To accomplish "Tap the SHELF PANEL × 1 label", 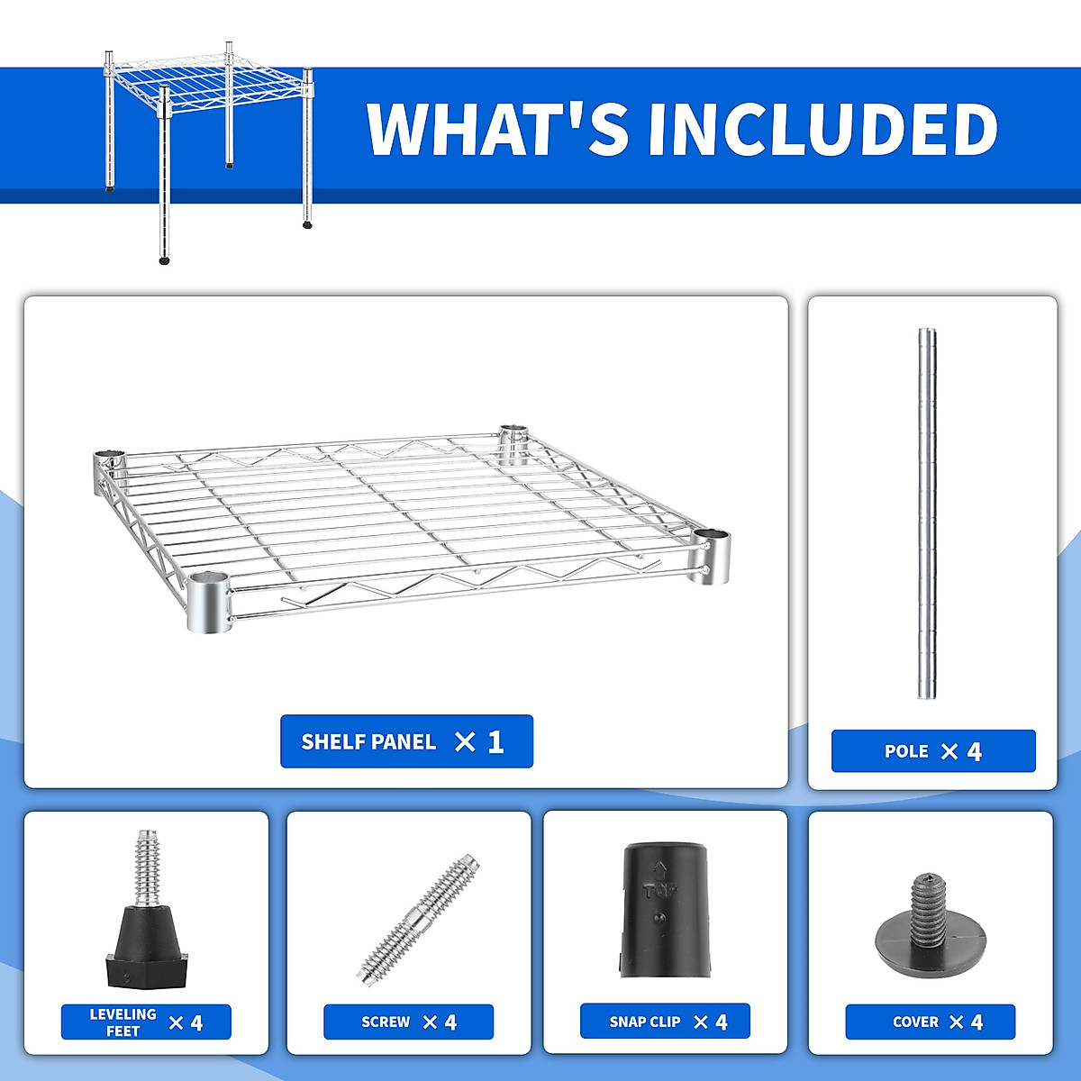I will [406, 741].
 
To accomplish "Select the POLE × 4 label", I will [933, 751].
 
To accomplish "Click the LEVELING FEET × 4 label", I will [146, 1022].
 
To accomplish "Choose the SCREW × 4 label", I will [408, 1022].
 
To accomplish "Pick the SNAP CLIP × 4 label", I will [665, 1022].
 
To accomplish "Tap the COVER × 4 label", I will [931, 1022].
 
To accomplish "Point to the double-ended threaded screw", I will [417, 918].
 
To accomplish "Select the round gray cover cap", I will [930, 938].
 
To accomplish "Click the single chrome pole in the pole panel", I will [927, 513].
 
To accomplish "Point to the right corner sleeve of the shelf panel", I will [711, 557].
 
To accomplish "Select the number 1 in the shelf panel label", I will [495, 741].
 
